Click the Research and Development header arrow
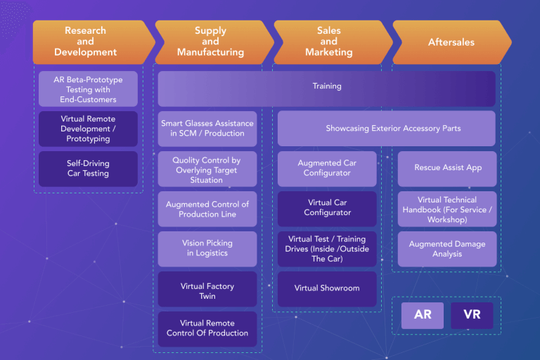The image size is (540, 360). coord(86,41)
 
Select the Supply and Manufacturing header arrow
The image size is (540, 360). coord(210,41)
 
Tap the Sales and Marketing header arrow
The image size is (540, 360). coord(328,41)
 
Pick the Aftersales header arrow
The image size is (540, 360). coord(451,42)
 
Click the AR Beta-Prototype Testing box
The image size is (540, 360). coord(88,89)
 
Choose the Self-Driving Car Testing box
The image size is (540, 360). coord(88,168)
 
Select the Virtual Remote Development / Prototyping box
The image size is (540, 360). coord(88,129)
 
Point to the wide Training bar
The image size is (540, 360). coord(327,86)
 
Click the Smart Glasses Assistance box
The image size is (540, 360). coord(207,129)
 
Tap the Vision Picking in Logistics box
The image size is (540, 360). coord(207,248)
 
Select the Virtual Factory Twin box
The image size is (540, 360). coord(207,291)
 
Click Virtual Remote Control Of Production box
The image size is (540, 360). coord(207,328)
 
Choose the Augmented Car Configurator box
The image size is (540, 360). coord(327,168)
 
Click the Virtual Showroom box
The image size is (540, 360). coord(327,288)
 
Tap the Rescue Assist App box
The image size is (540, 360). coord(447,168)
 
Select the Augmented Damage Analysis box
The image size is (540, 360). coord(447,249)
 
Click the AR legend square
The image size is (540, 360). coord(423,315)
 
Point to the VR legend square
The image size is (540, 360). coord(472,315)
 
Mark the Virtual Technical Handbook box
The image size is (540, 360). coord(447,210)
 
